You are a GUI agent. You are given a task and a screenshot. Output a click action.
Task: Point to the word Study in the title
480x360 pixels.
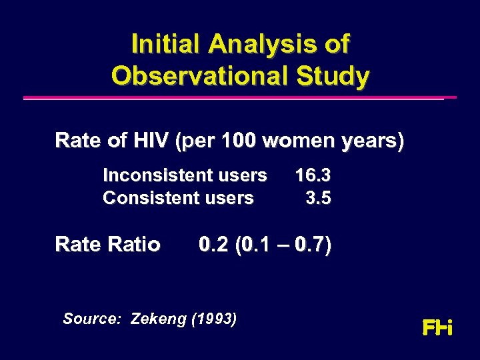(333, 75)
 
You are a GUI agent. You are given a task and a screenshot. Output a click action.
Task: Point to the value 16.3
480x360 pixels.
(313, 175)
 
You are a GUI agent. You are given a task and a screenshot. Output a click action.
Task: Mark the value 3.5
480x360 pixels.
(318, 198)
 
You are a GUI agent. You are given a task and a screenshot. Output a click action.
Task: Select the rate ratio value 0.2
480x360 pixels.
(213, 245)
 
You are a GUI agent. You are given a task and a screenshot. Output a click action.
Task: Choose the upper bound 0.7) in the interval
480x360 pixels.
(313, 245)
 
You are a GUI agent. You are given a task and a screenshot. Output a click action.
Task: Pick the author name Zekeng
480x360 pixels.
(159, 319)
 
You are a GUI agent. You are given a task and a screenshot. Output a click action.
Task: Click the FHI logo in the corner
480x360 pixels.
(437, 328)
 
